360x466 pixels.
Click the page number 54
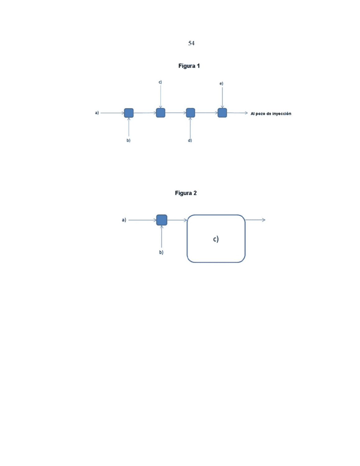(191, 43)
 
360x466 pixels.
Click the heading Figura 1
(189, 66)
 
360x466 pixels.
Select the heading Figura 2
(186, 193)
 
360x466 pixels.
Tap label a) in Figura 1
(97, 113)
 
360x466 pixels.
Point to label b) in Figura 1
(128, 140)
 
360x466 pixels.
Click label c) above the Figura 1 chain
(160, 82)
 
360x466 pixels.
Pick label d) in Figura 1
(190, 140)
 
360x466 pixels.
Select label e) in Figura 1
(221, 84)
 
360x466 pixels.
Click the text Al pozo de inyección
(271, 114)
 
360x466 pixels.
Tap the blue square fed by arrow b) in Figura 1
(129, 113)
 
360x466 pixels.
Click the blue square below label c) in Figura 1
(161, 113)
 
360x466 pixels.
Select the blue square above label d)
(190, 113)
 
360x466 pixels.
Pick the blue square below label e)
(222, 113)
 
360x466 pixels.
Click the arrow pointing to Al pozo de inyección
(237, 113)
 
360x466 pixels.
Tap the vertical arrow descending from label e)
(222, 98)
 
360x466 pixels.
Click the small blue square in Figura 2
(162, 220)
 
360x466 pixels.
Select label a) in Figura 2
(124, 220)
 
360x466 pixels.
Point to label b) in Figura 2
(161, 252)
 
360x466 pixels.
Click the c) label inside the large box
(216, 239)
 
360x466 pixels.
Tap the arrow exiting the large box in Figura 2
(255, 220)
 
